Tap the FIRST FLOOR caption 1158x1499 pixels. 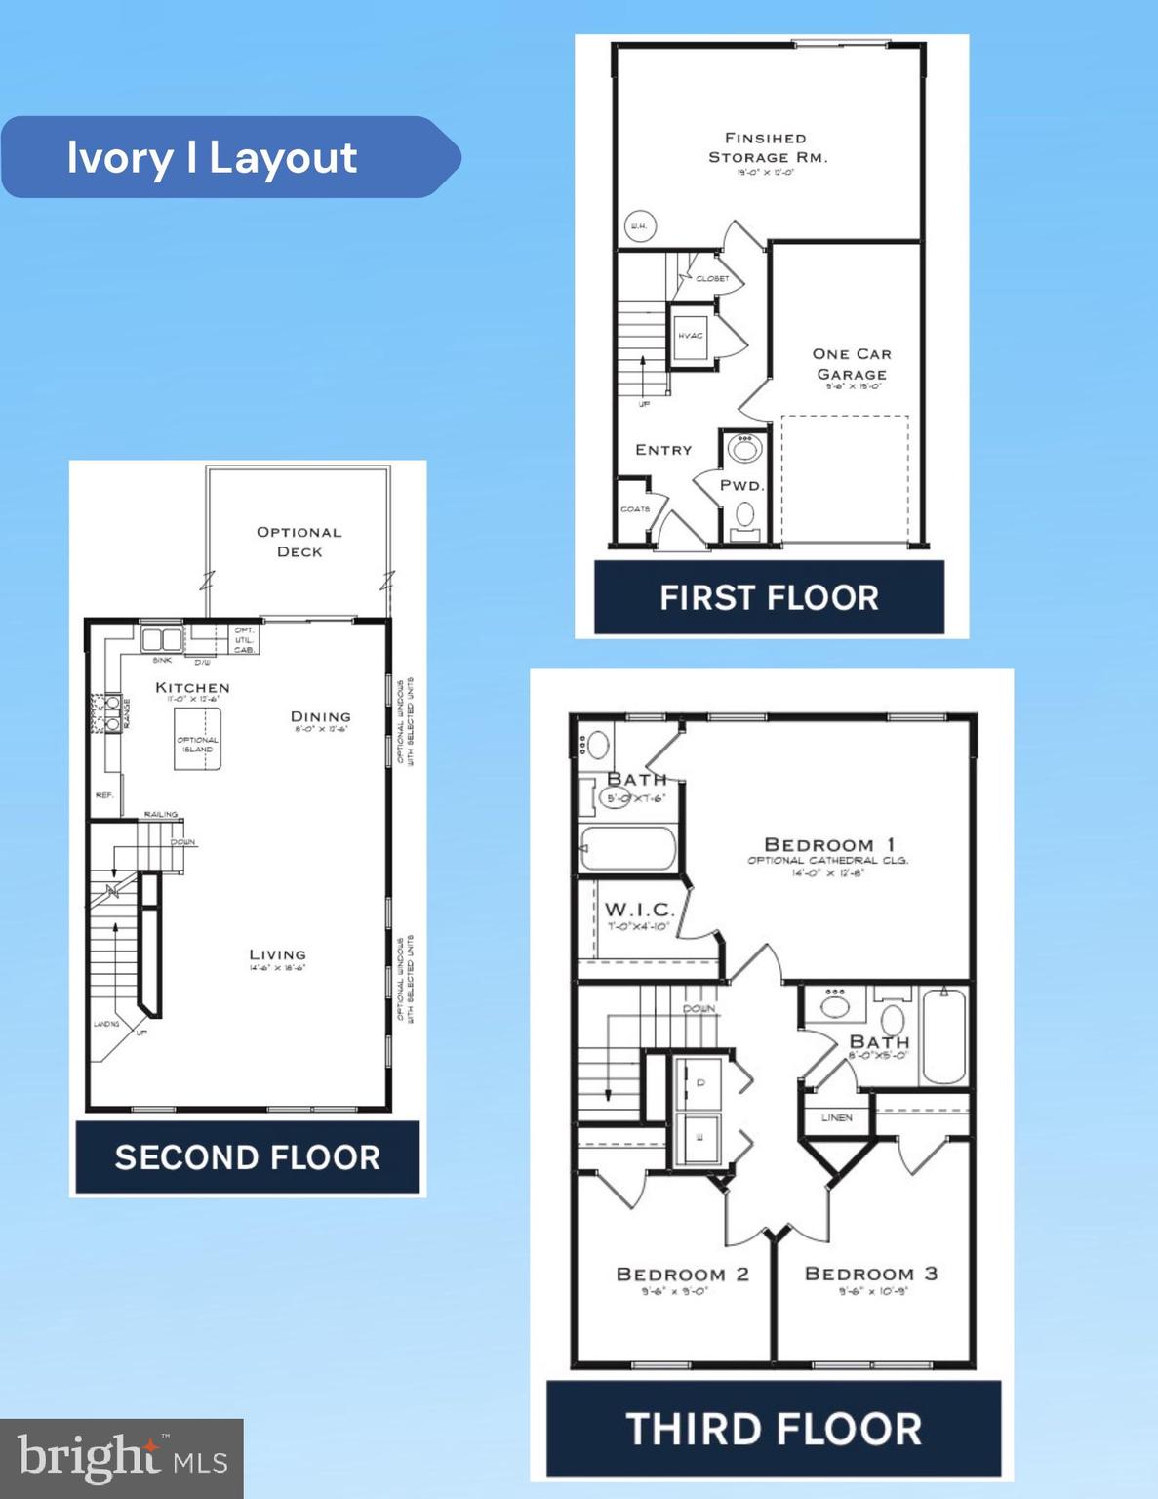(x=769, y=597)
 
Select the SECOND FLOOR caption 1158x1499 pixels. (x=248, y=1157)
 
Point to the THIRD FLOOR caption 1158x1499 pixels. (x=774, y=1429)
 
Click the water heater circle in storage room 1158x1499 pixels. (x=639, y=227)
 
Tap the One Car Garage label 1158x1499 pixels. (x=852, y=364)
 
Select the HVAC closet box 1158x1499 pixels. (x=690, y=335)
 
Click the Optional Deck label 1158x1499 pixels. (x=299, y=542)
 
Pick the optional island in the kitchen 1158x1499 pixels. (x=197, y=740)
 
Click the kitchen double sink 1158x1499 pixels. (x=162, y=640)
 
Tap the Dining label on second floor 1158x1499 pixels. (x=320, y=716)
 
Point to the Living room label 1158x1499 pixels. (x=277, y=955)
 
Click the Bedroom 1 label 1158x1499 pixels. (x=829, y=844)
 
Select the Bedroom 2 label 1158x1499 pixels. (x=682, y=1275)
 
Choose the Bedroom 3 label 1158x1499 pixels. (x=870, y=1274)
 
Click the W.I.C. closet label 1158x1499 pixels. (x=639, y=911)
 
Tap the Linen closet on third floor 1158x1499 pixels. (x=836, y=1117)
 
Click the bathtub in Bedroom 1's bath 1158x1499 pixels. (x=627, y=849)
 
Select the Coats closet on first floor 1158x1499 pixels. (x=634, y=509)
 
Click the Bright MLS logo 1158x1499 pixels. (x=122, y=1458)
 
